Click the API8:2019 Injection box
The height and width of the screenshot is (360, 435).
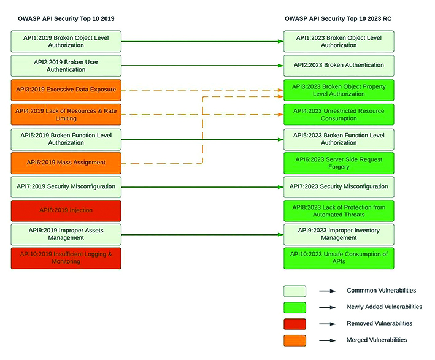pos(66,210)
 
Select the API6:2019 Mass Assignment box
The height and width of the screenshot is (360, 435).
pos(66,163)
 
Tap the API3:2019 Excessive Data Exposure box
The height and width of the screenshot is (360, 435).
pos(66,90)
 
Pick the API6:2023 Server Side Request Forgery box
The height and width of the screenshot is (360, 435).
pos(339,163)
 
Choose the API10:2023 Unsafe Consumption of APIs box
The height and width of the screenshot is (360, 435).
pos(339,258)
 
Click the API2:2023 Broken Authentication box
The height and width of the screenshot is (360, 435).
pos(339,66)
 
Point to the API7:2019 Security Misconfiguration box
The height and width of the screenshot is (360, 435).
pos(66,187)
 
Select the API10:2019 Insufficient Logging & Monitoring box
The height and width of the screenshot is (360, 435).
pos(66,258)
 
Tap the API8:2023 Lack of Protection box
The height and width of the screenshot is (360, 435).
pos(339,211)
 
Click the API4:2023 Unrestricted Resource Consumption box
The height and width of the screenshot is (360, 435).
pos(339,114)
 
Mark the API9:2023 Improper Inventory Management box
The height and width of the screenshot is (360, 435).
pos(339,235)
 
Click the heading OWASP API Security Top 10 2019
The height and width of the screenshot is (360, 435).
pos(66,18)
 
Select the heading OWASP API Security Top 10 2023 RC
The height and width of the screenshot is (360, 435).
pos(338,18)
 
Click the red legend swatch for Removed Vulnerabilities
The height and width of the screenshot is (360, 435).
pos(294,324)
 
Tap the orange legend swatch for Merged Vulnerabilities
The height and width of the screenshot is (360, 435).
pos(294,340)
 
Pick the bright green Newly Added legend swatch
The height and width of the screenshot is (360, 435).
pos(294,308)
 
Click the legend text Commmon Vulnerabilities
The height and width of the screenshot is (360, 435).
pos(381,290)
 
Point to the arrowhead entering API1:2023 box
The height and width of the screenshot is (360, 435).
pos(280,42)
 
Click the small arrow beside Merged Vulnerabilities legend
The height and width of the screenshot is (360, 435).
pos(328,340)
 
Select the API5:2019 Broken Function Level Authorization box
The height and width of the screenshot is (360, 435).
pos(66,139)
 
